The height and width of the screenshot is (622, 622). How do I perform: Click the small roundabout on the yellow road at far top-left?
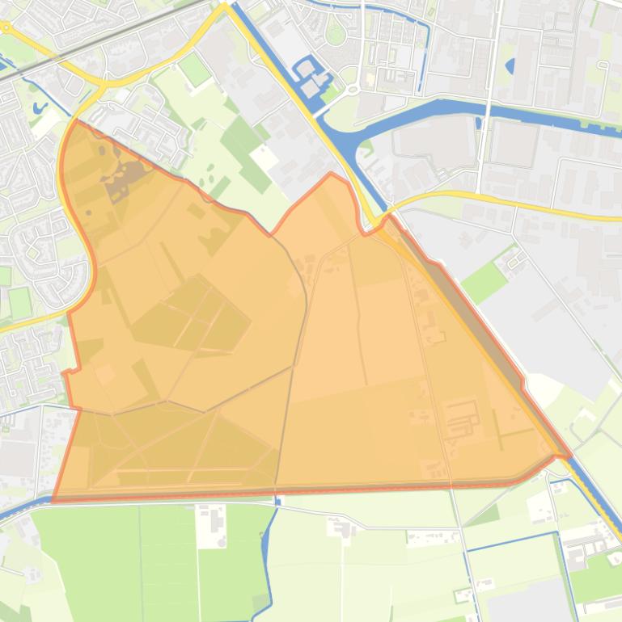point(6,27)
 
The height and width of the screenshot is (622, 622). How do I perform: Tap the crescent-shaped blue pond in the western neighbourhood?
point(40,106)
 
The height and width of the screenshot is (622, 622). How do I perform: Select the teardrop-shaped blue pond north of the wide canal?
point(510,66)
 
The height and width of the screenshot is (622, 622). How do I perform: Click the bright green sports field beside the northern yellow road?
point(195,70)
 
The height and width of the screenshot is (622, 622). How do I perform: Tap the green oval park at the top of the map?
point(336,35)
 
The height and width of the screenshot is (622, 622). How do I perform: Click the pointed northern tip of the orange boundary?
point(331,174)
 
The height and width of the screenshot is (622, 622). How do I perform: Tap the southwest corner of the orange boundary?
point(53,500)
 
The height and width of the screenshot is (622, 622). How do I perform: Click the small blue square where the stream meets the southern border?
point(277,502)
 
